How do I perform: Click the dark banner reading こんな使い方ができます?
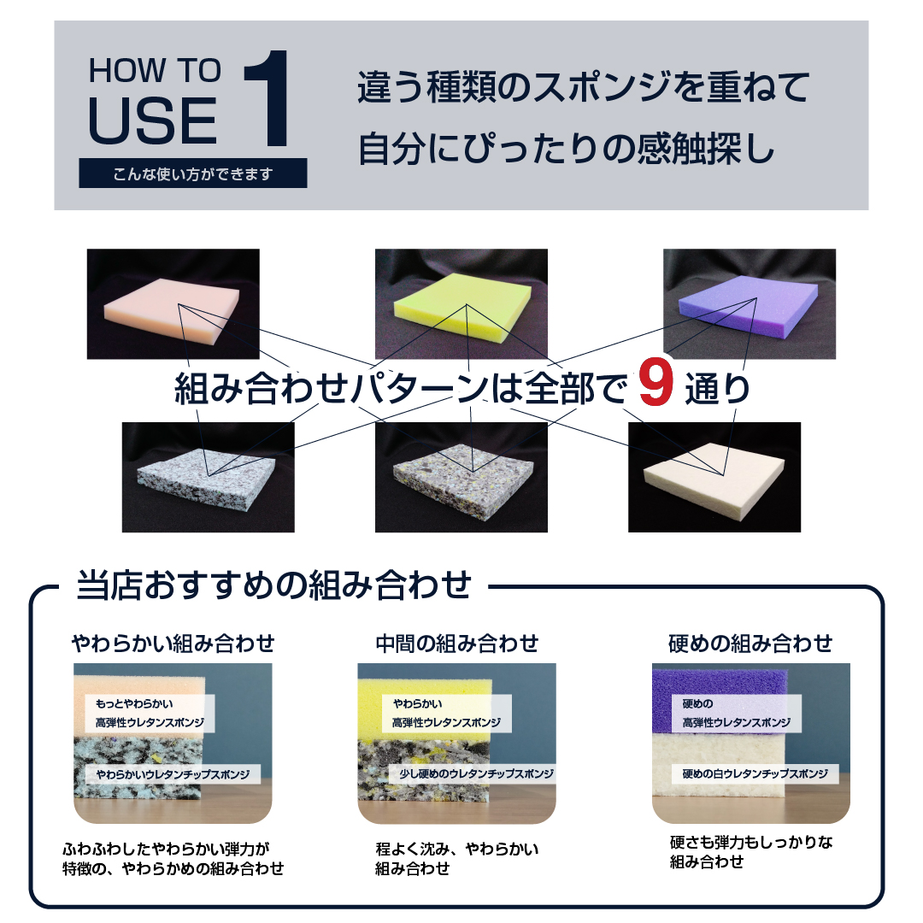193,174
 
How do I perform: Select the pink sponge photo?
173,303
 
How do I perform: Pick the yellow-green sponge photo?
461,303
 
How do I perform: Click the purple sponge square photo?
750,303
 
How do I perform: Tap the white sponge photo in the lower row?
714,477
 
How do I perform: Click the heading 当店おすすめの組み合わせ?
273,586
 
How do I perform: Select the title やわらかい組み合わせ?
173,643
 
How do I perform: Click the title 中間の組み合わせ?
457,643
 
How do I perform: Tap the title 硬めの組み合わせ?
750,643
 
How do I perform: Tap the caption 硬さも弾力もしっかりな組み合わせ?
750,852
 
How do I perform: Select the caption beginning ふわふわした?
173,859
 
